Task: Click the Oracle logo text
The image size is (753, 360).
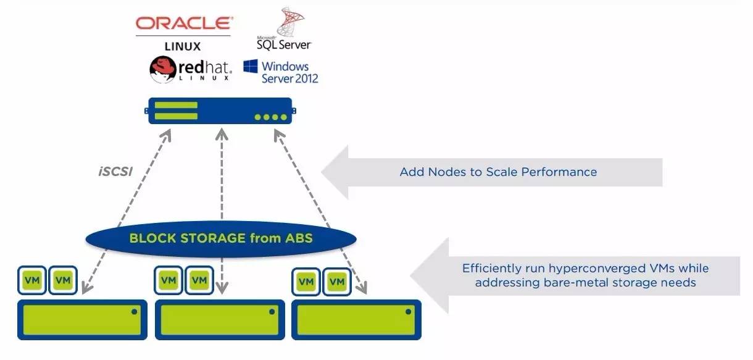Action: pos(184,23)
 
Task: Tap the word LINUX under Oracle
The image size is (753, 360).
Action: pos(183,46)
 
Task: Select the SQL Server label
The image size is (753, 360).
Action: pos(284,44)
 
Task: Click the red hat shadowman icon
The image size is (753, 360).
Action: pos(163,69)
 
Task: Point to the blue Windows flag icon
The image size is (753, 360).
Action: pos(251,66)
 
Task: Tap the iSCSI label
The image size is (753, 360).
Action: pos(115,172)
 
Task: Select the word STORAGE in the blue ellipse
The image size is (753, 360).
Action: pos(213,238)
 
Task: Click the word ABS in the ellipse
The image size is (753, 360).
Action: pos(299,238)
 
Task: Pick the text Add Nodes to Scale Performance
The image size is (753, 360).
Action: pos(498,172)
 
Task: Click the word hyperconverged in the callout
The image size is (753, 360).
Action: pos(597,269)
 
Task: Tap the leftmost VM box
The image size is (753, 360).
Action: pos(32,280)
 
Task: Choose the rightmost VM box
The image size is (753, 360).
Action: pos(337,282)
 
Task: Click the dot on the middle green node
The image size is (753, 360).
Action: pos(272,312)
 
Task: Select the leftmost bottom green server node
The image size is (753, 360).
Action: pos(82,320)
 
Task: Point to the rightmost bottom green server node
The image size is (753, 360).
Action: pos(356,320)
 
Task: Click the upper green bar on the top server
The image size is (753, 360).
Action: pos(176,105)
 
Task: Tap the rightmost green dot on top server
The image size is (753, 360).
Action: pos(283,117)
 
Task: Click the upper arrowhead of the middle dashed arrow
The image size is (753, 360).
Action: pos(222,134)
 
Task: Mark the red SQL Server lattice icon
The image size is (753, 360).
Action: pos(289,21)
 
